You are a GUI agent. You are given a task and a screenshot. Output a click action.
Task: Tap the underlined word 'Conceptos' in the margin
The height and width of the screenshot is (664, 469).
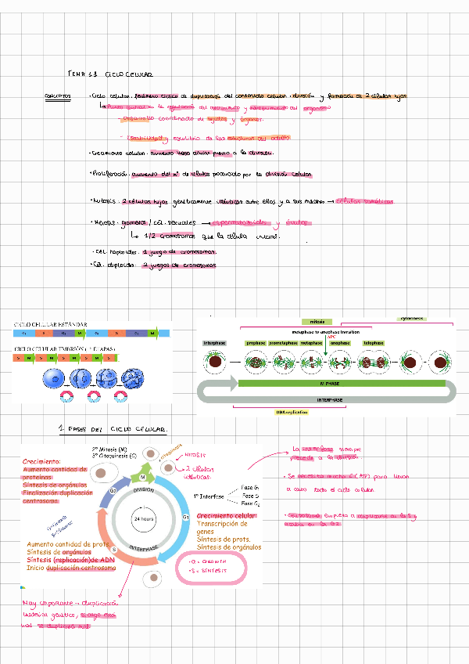(x=59, y=97)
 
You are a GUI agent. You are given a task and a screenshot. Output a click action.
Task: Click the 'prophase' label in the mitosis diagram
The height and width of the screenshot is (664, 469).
(x=256, y=343)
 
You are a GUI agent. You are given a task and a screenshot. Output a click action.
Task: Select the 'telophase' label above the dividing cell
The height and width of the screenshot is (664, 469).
(x=374, y=343)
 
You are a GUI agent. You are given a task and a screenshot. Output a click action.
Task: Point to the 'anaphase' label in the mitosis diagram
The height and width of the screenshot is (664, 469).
(x=340, y=343)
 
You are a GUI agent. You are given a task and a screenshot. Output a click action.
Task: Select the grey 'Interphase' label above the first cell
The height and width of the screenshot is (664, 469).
(x=215, y=343)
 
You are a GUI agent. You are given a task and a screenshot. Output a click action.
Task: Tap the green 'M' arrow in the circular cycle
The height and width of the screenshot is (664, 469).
(x=142, y=477)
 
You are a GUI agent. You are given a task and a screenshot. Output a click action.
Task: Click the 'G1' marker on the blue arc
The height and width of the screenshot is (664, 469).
(x=185, y=517)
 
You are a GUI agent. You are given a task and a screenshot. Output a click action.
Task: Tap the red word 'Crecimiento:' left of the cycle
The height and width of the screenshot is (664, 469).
(x=44, y=462)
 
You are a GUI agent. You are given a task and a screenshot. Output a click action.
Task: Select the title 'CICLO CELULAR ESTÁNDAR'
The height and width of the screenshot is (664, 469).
(x=51, y=324)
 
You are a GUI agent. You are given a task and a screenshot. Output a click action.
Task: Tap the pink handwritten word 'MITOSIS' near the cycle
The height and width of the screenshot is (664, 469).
(x=195, y=454)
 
